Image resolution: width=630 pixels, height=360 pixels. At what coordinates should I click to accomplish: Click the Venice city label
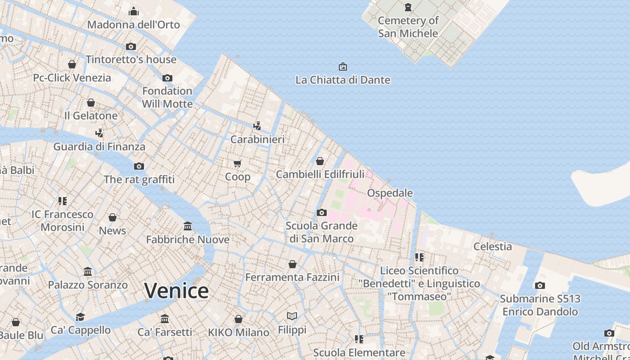click(x=176, y=291)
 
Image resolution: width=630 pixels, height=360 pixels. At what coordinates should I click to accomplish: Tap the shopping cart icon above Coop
click(x=238, y=163)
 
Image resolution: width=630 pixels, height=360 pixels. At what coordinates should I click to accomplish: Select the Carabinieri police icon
click(x=257, y=126)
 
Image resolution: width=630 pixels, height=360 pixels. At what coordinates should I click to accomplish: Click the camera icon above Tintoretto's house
click(x=131, y=46)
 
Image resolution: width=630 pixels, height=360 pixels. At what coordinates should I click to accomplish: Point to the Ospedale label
click(x=390, y=193)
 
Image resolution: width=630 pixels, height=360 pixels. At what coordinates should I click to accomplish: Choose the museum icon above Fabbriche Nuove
click(x=188, y=226)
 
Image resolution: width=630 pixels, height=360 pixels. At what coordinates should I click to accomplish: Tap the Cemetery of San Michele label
click(x=408, y=27)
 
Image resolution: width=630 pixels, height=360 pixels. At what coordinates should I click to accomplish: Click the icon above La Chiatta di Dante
click(x=343, y=67)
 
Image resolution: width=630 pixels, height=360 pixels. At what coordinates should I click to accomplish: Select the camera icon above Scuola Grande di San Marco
click(x=321, y=212)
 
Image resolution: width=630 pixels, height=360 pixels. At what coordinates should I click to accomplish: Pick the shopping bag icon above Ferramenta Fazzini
click(x=292, y=264)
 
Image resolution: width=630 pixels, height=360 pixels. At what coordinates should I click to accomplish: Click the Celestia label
click(x=492, y=247)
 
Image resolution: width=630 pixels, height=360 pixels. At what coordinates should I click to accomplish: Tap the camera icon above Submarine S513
click(x=540, y=285)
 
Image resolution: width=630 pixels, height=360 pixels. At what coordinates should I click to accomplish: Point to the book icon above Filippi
click(x=292, y=316)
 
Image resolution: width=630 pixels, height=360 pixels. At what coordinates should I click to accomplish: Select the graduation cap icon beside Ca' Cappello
click(x=80, y=317)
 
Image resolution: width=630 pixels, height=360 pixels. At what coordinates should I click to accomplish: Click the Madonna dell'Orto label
click(x=134, y=25)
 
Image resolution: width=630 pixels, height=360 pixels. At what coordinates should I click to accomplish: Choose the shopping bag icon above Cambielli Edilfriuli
click(x=320, y=161)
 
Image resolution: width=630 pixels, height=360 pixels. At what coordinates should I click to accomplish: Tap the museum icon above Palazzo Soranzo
click(x=88, y=272)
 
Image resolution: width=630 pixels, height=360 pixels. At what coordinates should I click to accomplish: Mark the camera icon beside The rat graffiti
click(x=139, y=166)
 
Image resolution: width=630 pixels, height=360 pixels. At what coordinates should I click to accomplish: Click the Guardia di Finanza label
click(x=99, y=147)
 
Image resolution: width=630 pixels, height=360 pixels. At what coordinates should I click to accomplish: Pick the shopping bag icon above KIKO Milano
click(x=238, y=319)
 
